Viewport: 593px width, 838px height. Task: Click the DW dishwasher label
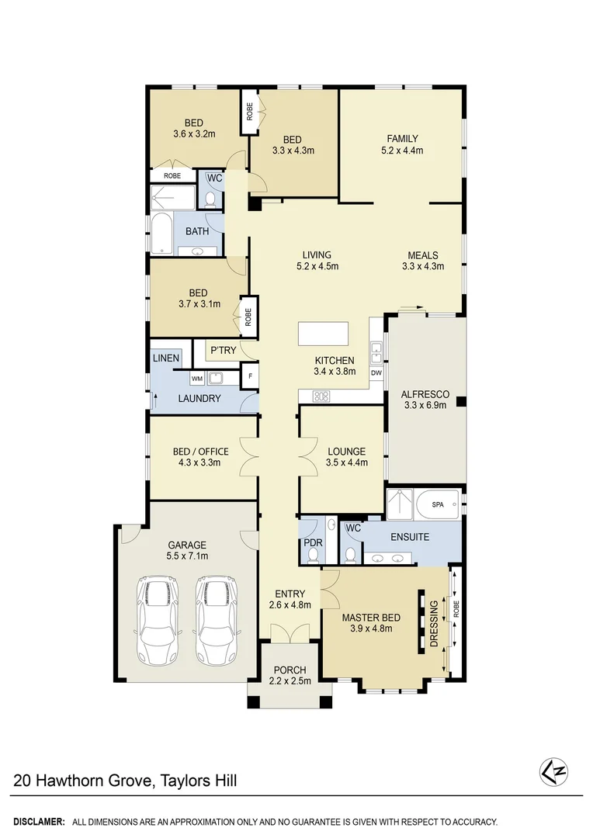click(376, 373)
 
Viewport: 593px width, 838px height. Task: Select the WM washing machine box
click(196, 378)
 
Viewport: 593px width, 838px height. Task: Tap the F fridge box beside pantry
click(249, 378)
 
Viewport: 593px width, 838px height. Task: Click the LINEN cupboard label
click(166, 358)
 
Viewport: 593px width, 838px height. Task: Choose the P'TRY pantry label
click(223, 351)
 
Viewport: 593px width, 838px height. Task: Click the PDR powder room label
click(313, 542)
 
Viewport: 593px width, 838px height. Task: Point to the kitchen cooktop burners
click(321, 396)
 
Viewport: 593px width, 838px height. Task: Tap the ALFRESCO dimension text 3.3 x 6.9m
click(425, 404)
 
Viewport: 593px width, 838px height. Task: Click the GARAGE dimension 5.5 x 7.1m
click(186, 556)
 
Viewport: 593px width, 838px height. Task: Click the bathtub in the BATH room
click(161, 234)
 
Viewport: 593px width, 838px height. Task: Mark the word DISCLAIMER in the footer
click(38, 821)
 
